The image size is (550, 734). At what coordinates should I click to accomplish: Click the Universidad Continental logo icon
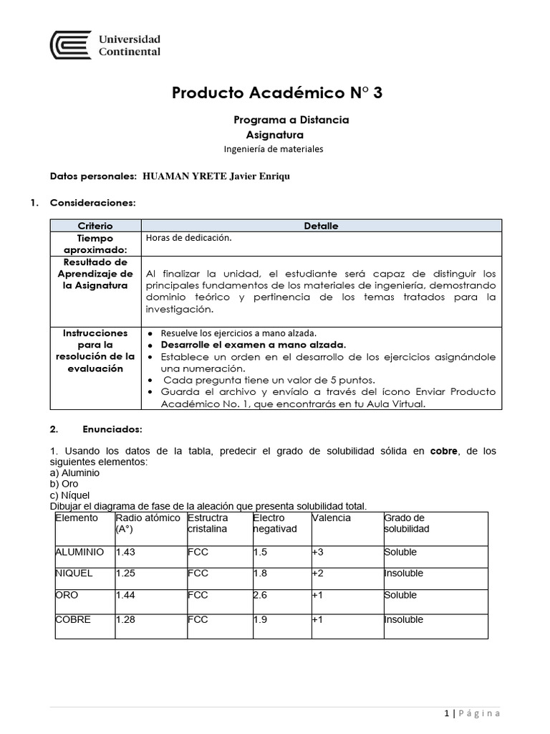[x=70, y=44]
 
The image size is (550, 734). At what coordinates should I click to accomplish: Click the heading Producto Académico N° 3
[x=282, y=92]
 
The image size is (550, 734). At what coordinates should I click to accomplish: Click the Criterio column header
[x=95, y=226]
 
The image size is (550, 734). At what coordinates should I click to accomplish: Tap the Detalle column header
[x=321, y=226]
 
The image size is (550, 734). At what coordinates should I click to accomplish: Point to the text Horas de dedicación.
[x=188, y=239]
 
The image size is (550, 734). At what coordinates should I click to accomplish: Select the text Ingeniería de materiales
[x=274, y=149]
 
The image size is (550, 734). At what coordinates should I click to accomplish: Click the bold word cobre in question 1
[x=443, y=450]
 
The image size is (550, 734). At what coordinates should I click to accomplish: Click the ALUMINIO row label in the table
[x=79, y=553]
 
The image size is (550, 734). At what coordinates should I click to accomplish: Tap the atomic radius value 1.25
[x=125, y=573]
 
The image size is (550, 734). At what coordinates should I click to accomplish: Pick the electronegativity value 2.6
[x=260, y=595]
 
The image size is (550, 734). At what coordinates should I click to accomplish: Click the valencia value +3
[x=318, y=553]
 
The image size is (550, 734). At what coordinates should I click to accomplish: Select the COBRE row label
[x=73, y=620]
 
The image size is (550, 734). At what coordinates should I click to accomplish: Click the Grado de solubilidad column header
[x=406, y=523]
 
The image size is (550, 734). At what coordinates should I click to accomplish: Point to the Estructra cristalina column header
[x=208, y=523]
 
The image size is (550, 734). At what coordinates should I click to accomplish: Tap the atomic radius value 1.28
[x=125, y=620]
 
